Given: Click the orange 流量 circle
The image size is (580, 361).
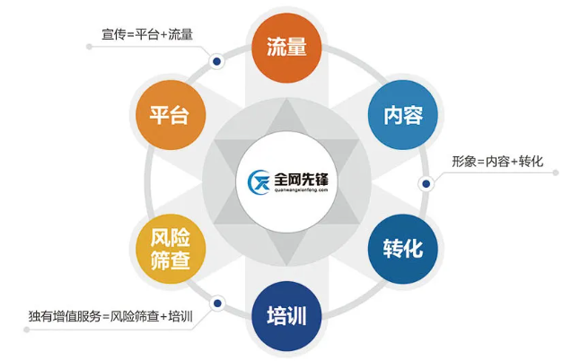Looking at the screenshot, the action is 286,48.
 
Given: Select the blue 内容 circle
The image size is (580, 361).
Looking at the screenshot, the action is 403,115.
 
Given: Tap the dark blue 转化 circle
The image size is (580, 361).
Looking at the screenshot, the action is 403,249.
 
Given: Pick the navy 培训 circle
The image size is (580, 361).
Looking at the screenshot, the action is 286,316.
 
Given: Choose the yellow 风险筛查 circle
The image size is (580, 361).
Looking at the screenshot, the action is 171,249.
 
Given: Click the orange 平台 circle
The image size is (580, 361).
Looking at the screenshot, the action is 171,115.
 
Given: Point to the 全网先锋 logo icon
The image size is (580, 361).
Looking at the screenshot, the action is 259,182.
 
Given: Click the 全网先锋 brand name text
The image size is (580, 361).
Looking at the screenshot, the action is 301,180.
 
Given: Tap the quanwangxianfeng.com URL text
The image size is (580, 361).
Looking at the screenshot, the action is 301,190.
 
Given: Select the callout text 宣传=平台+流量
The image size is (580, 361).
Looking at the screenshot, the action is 147,34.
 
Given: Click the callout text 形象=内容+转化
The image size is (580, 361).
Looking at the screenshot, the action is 497,162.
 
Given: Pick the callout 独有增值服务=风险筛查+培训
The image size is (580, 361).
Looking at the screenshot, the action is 110,316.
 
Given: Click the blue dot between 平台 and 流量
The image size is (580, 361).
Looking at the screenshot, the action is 217,61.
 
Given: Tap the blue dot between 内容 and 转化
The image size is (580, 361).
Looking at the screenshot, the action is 426,183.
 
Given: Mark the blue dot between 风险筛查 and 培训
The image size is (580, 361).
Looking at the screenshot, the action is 217,304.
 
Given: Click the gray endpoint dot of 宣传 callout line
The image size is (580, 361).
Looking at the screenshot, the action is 89,47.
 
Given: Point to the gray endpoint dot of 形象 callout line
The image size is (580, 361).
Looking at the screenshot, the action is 555,172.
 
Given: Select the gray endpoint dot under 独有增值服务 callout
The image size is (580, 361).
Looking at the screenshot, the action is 27,330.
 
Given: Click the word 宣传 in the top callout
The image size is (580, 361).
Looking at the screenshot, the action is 113,34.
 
